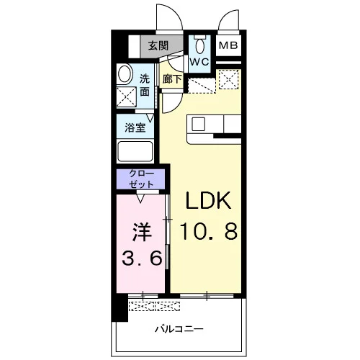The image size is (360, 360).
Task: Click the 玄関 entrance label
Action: pyautogui.click(x=158, y=45)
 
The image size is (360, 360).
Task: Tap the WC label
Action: pyautogui.click(x=199, y=62)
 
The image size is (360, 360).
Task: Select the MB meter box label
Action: pyautogui.click(x=228, y=45)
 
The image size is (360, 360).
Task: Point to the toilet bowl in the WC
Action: pyautogui.click(x=200, y=45)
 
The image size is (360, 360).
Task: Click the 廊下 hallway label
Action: pyautogui.click(x=172, y=79)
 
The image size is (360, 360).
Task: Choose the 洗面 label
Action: pyautogui.click(x=145, y=85)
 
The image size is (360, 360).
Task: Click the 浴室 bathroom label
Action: pyautogui.click(x=135, y=127)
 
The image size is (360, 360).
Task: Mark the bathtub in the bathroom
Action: pyautogui.click(x=135, y=151)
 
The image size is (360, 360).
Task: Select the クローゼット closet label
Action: pyautogui.click(x=141, y=179)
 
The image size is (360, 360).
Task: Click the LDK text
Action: pyautogui.click(x=208, y=200)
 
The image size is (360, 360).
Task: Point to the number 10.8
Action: pyautogui.click(x=209, y=231)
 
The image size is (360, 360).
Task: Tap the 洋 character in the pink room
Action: pyautogui.click(x=142, y=233)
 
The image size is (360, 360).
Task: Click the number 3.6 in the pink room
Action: pyautogui.click(x=142, y=258)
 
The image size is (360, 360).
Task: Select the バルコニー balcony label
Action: pyautogui.click(x=179, y=328)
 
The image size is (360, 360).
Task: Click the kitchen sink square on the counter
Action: pyautogui.click(x=199, y=124)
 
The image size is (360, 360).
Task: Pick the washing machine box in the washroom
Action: pyautogui.click(x=126, y=96)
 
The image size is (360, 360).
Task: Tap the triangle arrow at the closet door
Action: pyautogui.click(x=140, y=199)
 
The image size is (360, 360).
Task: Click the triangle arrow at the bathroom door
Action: pyautogui.click(x=150, y=118)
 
